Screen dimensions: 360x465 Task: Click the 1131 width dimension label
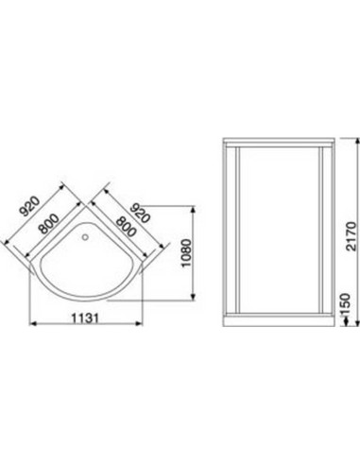(85, 319)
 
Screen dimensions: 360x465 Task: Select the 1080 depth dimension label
(186, 253)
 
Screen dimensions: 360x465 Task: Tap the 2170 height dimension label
(351, 236)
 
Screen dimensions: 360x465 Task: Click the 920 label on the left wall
(29, 206)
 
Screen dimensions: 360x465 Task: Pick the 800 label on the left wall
(48, 224)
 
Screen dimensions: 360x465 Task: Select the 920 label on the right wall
(139, 213)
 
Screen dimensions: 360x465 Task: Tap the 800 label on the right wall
(127, 227)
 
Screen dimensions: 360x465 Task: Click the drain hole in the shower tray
(85, 236)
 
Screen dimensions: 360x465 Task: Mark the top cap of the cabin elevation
(279, 140)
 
